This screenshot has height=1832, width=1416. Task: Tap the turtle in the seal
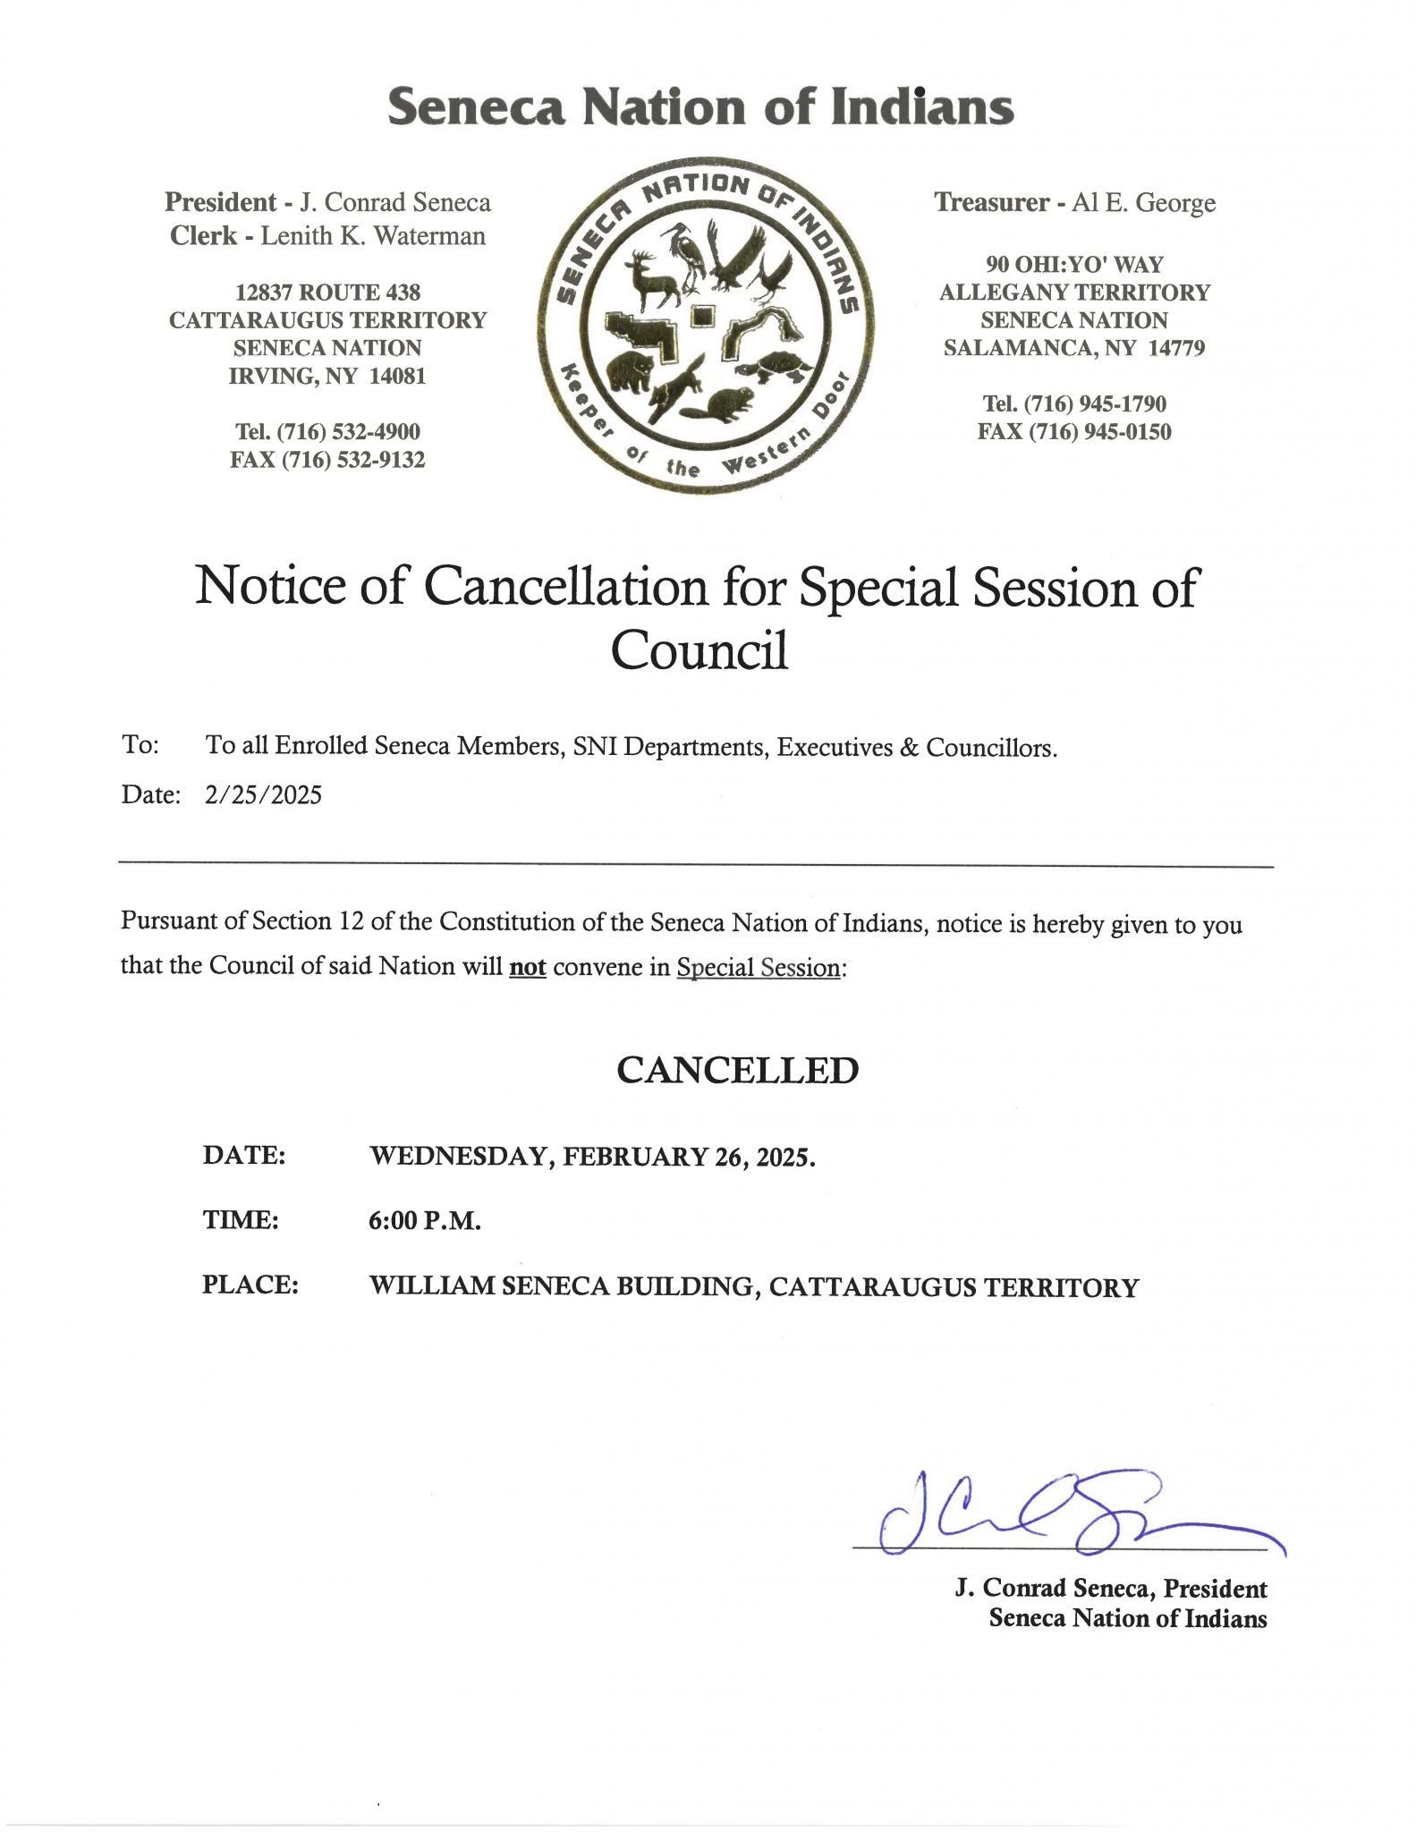(x=775, y=366)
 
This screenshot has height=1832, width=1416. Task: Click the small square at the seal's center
(x=703, y=315)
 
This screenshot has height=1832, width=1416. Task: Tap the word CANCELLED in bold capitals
(x=737, y=1070)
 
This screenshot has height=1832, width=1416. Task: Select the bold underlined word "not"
(x=528, y=967)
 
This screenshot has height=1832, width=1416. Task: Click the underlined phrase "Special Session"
(x=759, y=968)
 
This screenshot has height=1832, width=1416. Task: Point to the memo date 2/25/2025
(x=263, y=794)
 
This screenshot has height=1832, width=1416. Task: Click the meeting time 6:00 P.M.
(x=425, y=1220)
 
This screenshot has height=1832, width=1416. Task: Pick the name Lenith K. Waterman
(x=373, y=236)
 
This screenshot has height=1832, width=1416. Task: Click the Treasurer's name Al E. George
(x=1143, y=203)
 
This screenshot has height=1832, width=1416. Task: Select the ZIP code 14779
(x=1176, y=348)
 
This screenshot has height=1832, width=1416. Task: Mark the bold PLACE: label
(x=250, y=1285)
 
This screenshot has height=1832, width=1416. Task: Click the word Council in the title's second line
(x=700, y=650)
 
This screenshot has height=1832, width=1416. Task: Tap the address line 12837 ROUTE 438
(x=327, y=293)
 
